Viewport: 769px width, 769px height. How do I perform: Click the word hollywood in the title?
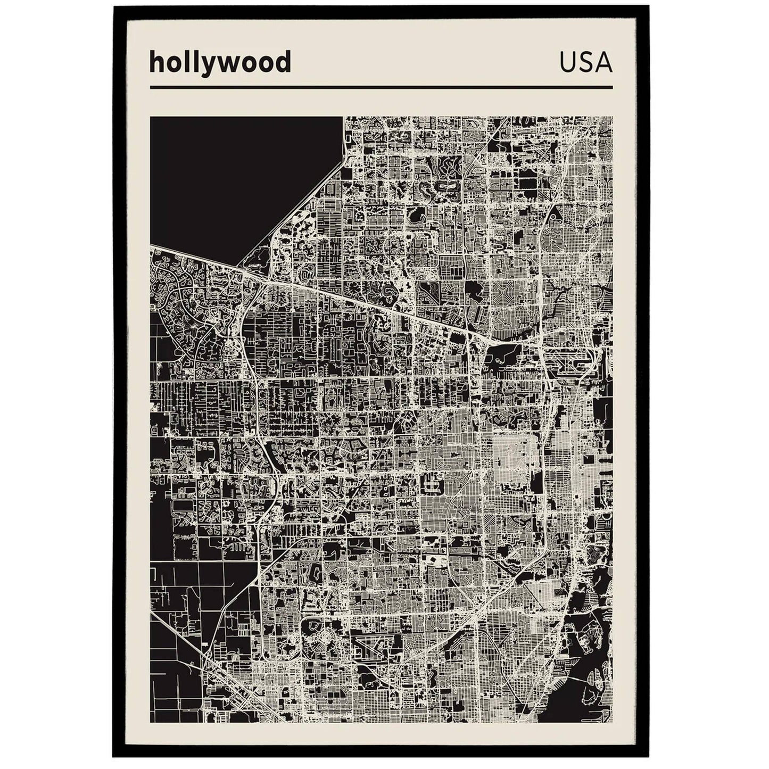(220, 62)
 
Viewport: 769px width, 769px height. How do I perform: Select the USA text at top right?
(585, 63)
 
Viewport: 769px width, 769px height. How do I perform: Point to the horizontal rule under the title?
(381, 87)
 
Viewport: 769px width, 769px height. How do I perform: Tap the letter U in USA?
(568, 63)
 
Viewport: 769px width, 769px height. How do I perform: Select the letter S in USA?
(586, 63)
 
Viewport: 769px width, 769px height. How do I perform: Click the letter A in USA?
(604, 63)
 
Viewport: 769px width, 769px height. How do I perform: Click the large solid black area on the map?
(234, 176)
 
